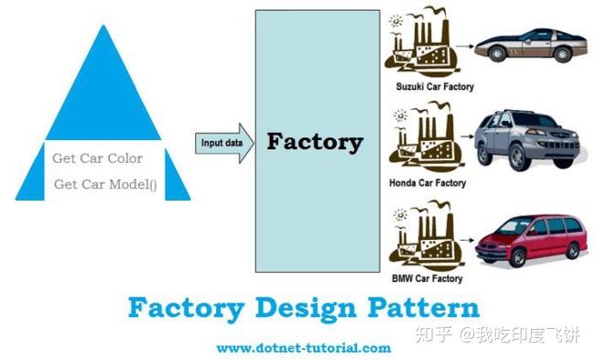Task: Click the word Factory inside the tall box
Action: pyautogui.click(x=314, y=142)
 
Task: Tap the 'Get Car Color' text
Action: pyautogui.click(x=97, y=158)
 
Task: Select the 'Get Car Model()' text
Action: pyautogui.click(x=105, y=184)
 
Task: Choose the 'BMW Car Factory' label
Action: pyautogui.click(x=427, y=278)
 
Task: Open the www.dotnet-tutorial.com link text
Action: pyautogui.click(x=303, y=348)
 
